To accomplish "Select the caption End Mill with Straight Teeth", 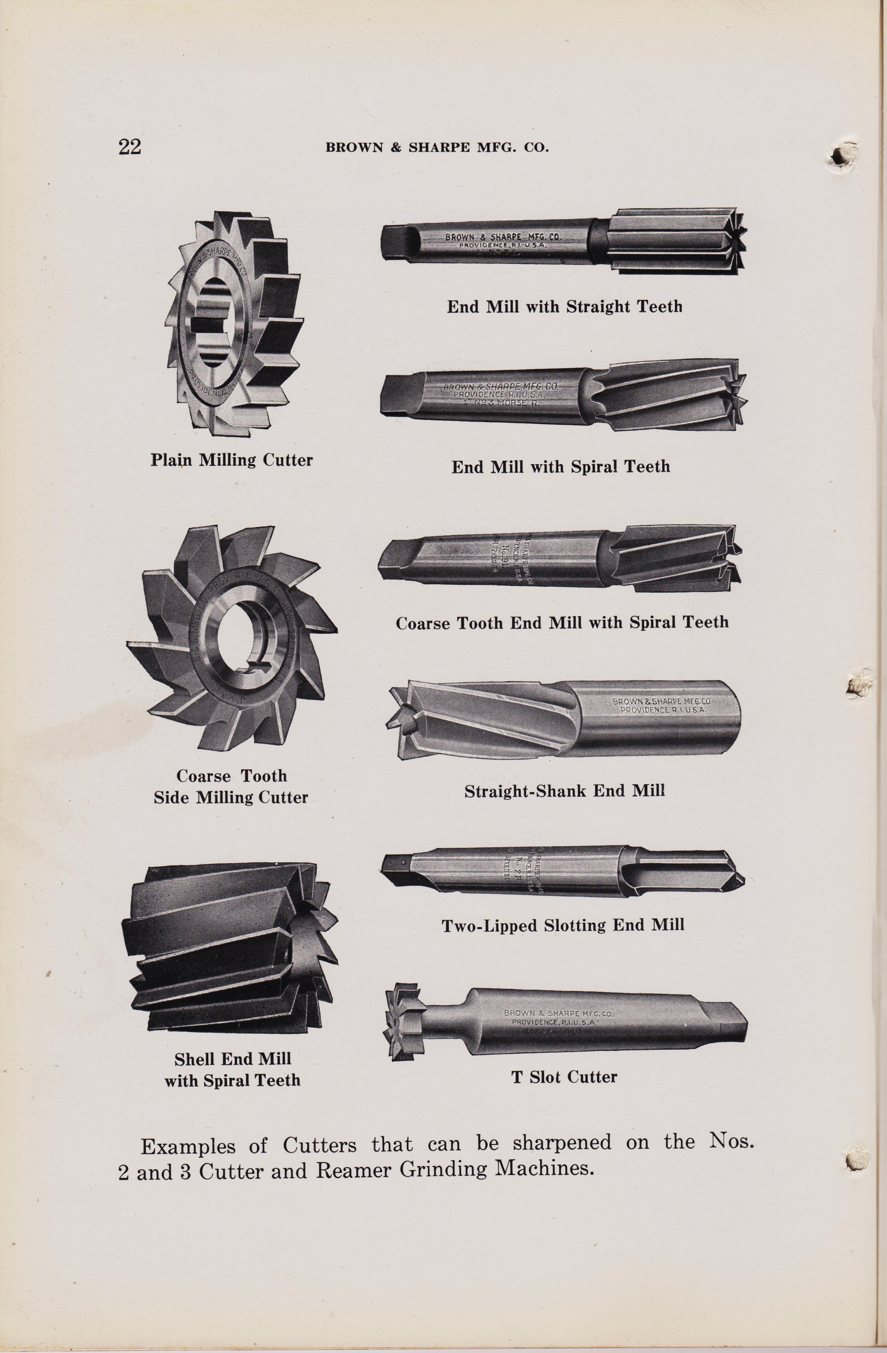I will point(564,307).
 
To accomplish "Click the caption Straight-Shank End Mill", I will point(564,791).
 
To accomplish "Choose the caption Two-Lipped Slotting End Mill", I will point(562,926).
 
